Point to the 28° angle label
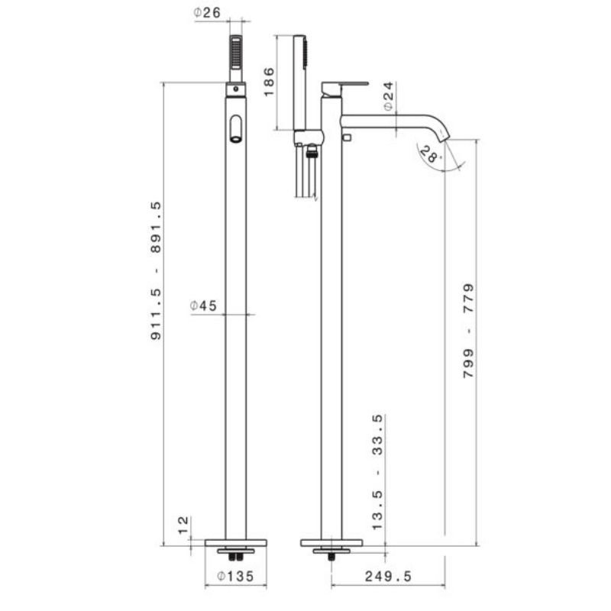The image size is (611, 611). [x=431, y=156]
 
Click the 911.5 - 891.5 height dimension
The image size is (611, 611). [x=156, y=270]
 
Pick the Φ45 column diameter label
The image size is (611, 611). [x=204, y=305]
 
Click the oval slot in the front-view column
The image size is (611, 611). [x=236, y=128]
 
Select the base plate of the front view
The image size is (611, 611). [x=236, y=542]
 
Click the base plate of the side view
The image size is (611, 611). [x=331, y=542]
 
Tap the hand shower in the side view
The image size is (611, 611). [x=299, y=80]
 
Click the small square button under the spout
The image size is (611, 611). [x=347, y=137]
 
